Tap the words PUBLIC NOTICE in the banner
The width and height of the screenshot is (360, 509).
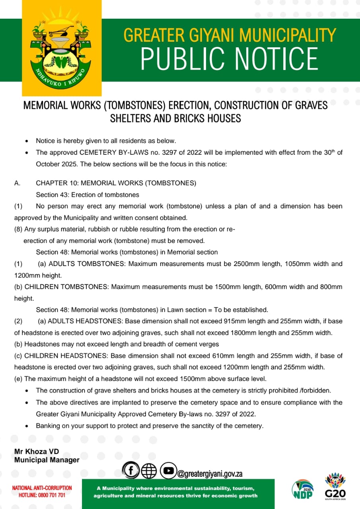[x=230, y=58]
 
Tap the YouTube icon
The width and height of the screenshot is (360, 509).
[x=168, y=471]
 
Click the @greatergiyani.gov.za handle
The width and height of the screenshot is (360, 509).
[x=210, y=474]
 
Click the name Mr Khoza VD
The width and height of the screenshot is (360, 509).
[x=37, y=452]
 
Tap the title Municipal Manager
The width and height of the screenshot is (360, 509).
[x=47, y=460]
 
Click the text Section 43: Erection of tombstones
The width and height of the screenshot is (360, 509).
[x=88, y=195]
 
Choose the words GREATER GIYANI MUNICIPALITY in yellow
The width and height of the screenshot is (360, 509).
[x=230, y=35]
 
